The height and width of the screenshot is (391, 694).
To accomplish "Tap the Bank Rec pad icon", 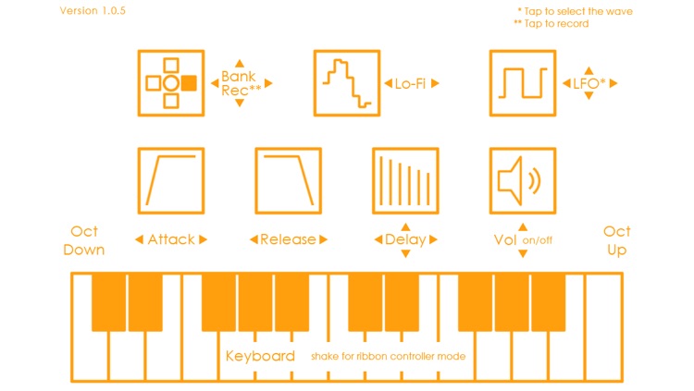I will (x=171, y=83).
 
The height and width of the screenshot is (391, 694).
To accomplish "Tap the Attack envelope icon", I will (x=171, y=180).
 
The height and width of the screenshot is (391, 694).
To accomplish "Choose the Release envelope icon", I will (x=289, y=180).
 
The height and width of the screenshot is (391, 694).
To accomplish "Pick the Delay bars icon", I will (x=405, y=180).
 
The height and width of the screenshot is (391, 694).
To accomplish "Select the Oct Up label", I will (x=617, y=240).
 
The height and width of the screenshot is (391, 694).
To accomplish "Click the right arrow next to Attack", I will (x=203, y=240).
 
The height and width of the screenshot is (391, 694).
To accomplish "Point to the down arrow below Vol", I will (x=523, y=253).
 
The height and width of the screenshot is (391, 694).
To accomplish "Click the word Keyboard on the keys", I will (x=260, y=356).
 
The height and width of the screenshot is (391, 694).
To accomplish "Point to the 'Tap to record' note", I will (x=551, y=24).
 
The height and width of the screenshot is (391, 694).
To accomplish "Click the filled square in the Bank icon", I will (x=189, y=83).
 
